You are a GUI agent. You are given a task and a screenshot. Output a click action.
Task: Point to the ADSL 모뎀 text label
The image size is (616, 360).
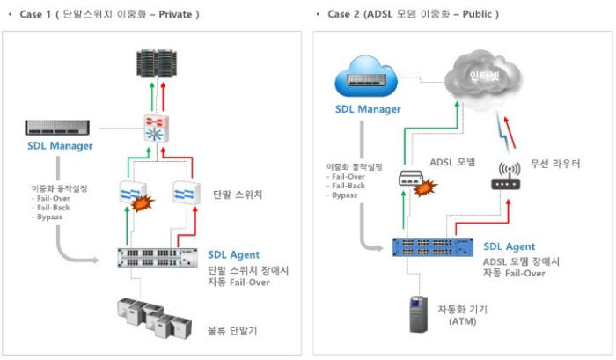pyautogui.click(x=453, y=161)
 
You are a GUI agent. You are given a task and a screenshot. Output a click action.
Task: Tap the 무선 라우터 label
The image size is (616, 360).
pyautogui.click(x=555, y=163)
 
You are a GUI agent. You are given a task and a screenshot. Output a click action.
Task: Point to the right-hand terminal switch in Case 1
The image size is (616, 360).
pyautogui.click(x=187, y=193)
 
